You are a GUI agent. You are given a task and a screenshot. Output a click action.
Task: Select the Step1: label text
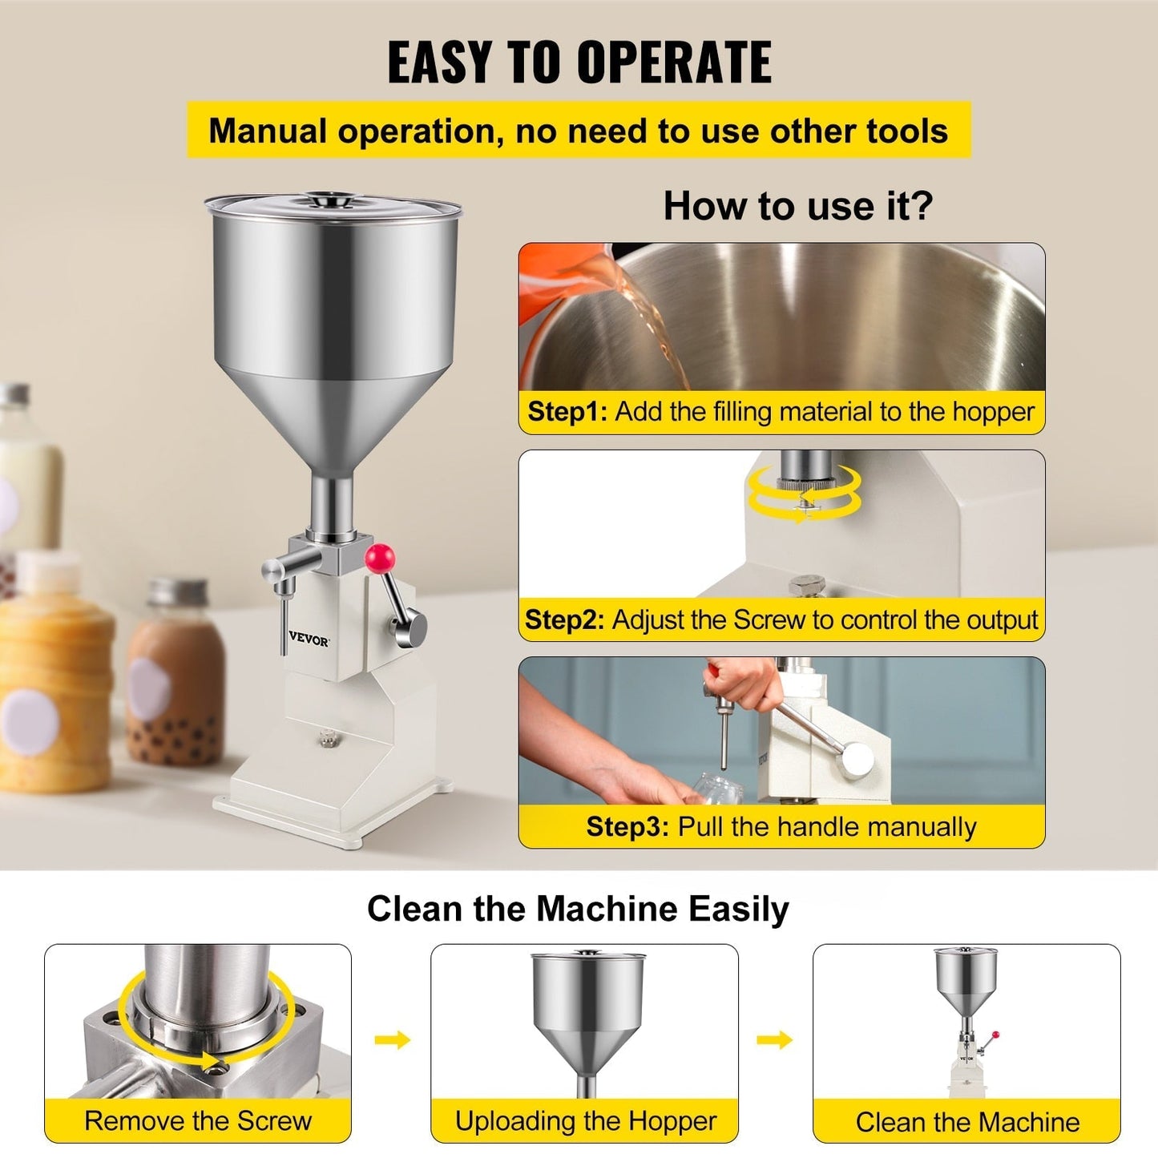click(x=567, y=412)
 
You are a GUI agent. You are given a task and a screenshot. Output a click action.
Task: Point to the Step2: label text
click(x=564, y=620)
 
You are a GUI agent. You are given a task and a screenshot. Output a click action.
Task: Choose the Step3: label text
click(x=627, y=827)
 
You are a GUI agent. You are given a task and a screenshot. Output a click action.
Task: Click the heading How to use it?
click(x=798, y=206)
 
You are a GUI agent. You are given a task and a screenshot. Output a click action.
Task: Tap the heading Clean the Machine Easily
click(x=578, y=910)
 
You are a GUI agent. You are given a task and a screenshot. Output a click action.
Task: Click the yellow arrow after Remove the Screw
click(x=392, y=1040)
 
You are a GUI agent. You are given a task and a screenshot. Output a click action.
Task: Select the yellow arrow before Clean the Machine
click(x=774, y=1040)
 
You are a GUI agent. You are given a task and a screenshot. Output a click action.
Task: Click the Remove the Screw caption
click(x=198, y=1120)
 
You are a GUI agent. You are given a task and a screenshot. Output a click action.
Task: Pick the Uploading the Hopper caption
click(x=585, y=1120)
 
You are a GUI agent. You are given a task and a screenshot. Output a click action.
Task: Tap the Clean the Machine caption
click(x=967, y=1122)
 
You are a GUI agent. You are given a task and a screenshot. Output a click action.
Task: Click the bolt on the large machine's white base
click(x=325, y=736)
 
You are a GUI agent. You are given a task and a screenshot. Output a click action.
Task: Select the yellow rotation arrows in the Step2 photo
click(x=804, y=493)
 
